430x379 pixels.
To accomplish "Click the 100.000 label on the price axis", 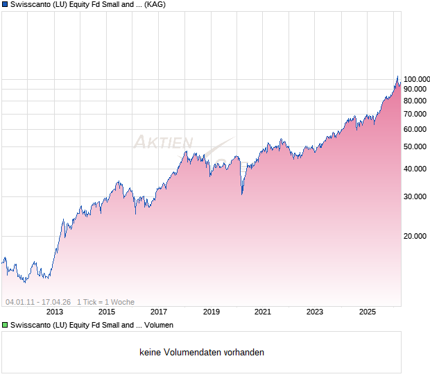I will coord(416,79).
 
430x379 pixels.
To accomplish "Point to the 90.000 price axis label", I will coord(416,89).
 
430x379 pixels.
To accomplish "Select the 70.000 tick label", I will coord(416,114).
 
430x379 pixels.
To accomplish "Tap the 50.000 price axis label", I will coord(416,146).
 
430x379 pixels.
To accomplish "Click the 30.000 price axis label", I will coord(416,196).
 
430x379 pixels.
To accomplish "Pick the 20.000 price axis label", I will coord(416,236).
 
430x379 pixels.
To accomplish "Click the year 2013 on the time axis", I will coord(55,312).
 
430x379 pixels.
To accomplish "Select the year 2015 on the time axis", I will coord(107,312).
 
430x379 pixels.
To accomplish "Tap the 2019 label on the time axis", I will coord(211,312).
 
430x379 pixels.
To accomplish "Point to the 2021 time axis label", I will coord(263,312).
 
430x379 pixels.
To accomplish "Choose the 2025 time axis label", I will coord(367,312).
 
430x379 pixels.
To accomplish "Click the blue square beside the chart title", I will coord(5,4).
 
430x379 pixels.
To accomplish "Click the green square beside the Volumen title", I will coord(5,325).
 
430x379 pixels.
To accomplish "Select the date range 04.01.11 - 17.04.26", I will coord(38,302).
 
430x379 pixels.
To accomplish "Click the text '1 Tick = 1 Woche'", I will coord(105,302).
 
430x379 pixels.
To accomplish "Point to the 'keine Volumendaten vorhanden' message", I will coord(202,353).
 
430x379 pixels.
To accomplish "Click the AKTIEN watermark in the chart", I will coord(163,142).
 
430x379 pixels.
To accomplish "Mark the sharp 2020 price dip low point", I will coord(242,194).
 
